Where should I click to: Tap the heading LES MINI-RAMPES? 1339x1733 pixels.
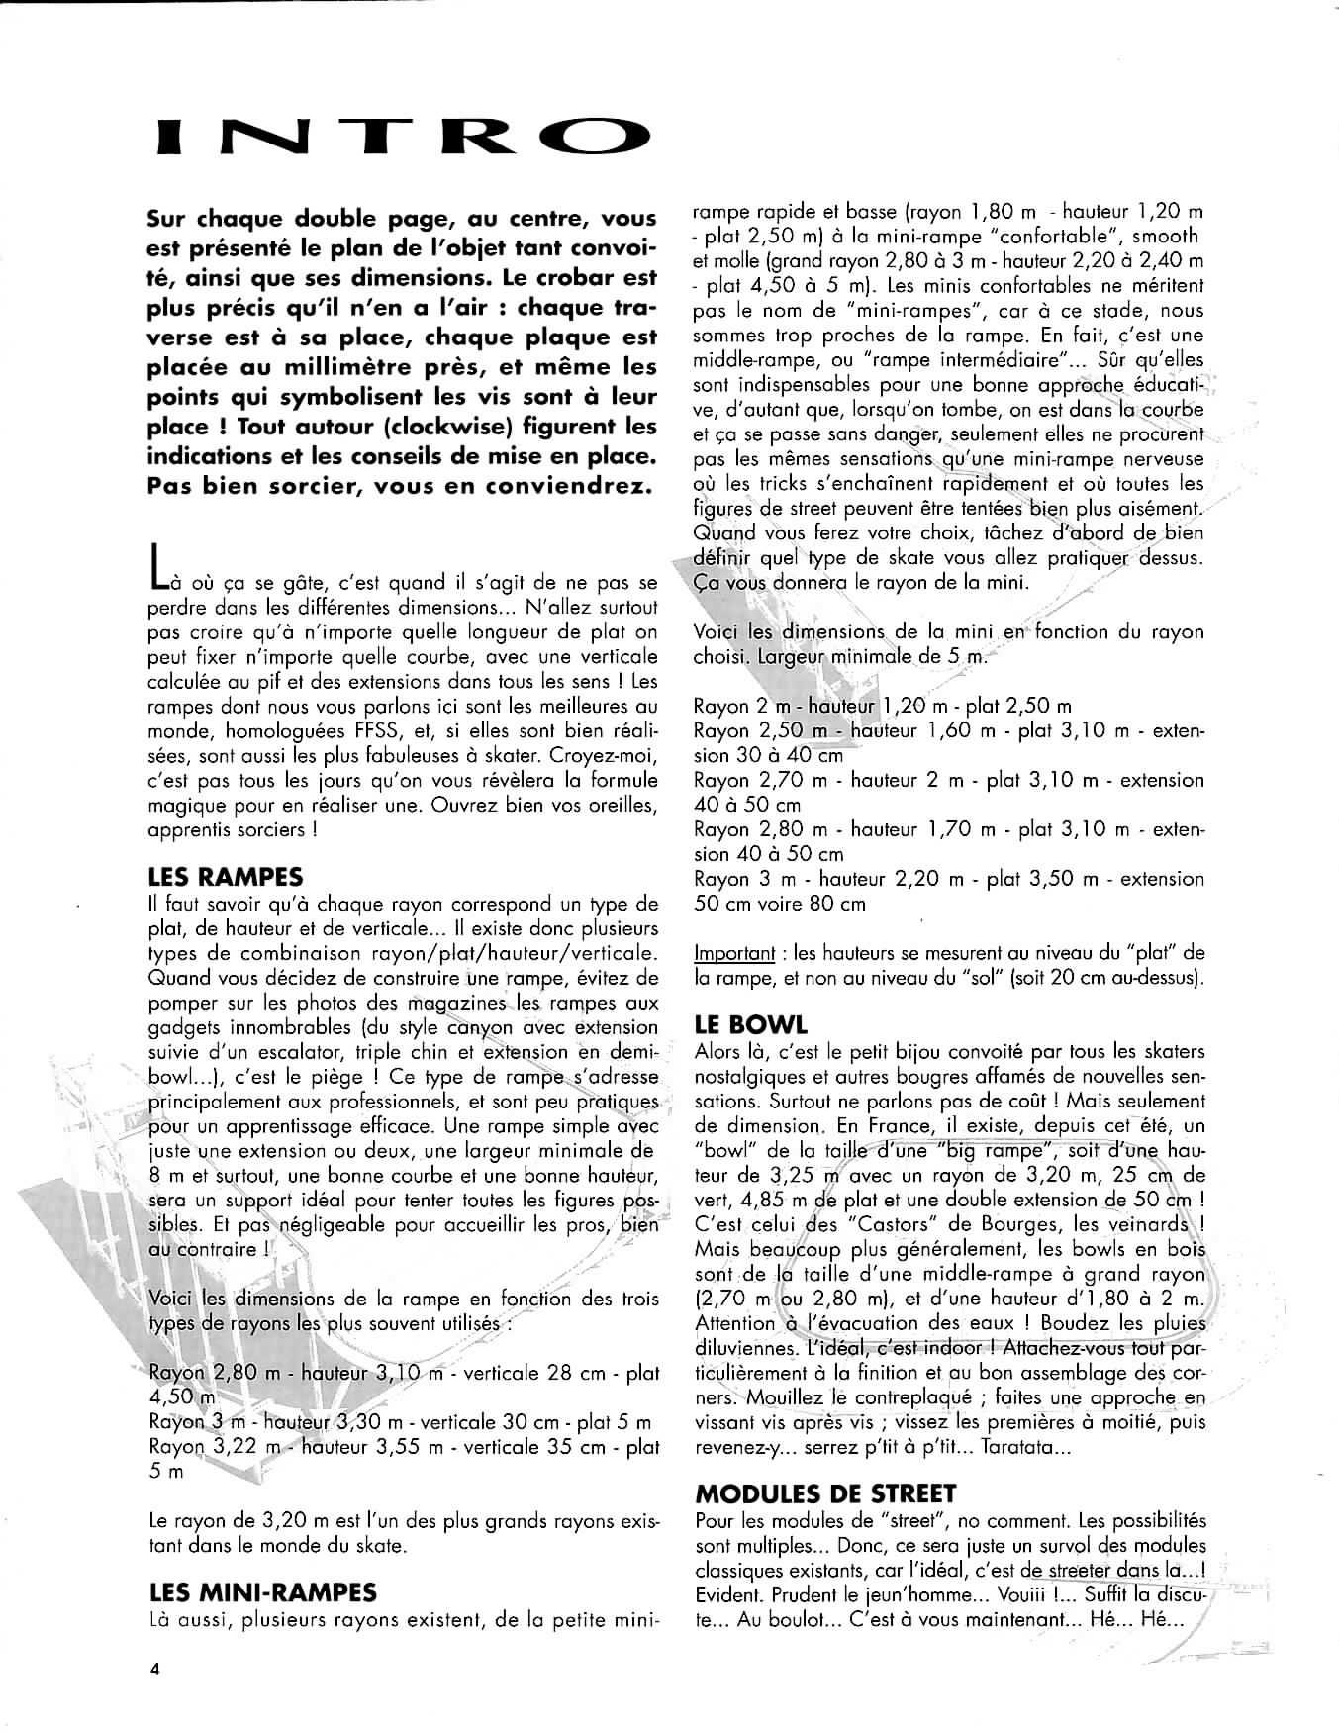[x=262, y=1592]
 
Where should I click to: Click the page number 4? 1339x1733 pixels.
[x=154, y=1667]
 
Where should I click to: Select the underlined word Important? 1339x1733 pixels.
[x=734, y=954]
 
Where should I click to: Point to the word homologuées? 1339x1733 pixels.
[x=290, y=730]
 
